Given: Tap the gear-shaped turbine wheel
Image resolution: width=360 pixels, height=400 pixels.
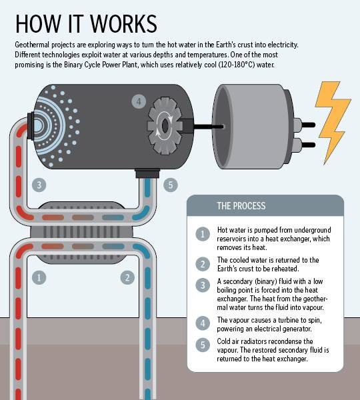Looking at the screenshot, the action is point(165,126).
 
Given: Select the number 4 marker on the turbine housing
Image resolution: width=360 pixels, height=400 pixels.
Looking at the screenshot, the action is point(139,101).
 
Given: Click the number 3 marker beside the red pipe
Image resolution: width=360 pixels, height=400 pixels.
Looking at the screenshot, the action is point(39,185).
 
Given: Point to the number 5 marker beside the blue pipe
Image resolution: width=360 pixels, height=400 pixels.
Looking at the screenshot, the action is point(171,185).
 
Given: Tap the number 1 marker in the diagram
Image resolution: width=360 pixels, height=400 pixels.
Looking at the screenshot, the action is point(39,277).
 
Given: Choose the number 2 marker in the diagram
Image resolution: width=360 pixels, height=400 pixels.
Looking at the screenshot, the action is point(127,277).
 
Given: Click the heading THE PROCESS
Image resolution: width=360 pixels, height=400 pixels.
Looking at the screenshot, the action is point(241,206).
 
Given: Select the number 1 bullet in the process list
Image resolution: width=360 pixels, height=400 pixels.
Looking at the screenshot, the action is point(203,234).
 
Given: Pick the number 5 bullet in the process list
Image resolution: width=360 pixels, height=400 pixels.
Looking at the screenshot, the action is point(203,345).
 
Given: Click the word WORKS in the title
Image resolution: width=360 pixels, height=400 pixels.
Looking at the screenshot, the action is point(124,24).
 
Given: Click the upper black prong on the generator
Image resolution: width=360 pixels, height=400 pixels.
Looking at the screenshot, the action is point(309,125).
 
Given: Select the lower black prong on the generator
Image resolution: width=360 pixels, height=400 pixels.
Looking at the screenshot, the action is point(309,145).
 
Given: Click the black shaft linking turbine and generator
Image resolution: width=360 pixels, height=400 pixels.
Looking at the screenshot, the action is point(209,126).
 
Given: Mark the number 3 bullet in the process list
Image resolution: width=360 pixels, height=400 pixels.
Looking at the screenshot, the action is point(203,285).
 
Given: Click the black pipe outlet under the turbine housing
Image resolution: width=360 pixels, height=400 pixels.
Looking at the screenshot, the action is point(147,173).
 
